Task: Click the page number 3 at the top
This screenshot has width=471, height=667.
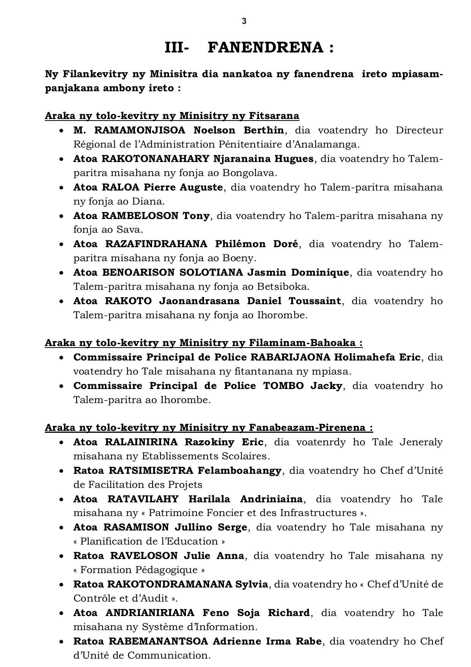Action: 244,21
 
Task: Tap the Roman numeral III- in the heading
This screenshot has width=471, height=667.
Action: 177,48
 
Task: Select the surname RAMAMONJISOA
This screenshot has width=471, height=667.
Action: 140,130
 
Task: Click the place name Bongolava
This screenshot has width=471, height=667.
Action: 249,173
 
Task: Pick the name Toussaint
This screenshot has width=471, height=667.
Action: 315,301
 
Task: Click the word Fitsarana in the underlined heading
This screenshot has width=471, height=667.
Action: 274,116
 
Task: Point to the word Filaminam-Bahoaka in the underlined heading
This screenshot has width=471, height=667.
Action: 302,343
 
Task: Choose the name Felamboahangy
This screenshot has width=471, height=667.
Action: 239,470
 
